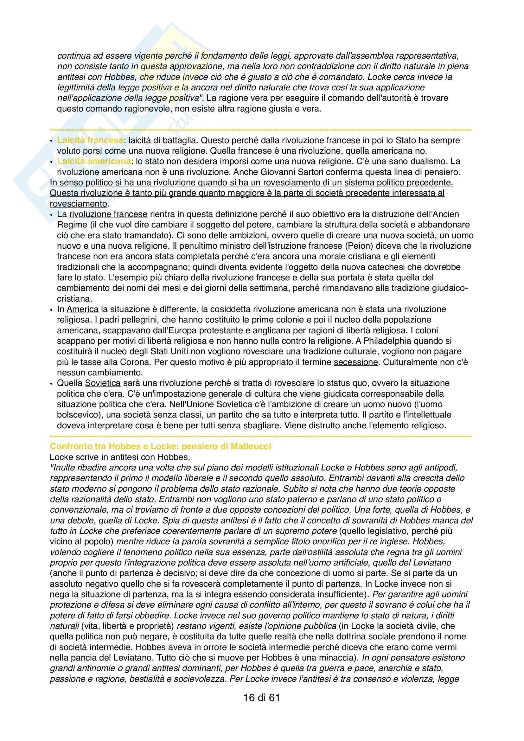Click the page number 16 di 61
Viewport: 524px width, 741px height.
(261, 698)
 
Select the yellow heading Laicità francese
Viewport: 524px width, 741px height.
(90, 140)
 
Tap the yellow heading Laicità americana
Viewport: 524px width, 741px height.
(94, 161)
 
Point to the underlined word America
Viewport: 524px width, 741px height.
(82, 309)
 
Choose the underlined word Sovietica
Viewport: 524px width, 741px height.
(103, 383)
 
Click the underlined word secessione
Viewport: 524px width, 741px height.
(355, 362)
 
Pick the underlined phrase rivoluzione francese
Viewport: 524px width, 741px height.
(108, 214)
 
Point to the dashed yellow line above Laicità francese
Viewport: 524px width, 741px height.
(261, 130)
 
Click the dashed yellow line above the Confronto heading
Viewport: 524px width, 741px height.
(261, 436)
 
